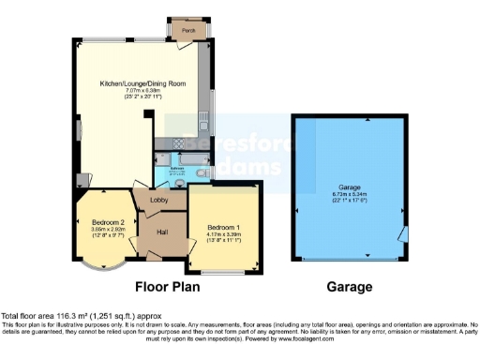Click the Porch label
coord(188,30)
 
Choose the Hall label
coord(161,232)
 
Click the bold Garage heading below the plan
coord(349,287)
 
